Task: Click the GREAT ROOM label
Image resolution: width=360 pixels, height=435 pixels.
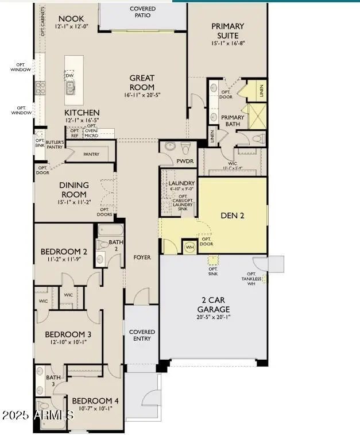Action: coord(141,83)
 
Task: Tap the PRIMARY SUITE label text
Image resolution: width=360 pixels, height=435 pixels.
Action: coord(227,30)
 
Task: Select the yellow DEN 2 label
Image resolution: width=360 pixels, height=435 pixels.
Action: coord(233,216)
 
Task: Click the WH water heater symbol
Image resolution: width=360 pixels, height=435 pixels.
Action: coord(189,248)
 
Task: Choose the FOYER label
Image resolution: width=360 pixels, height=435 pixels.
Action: coord(142,257)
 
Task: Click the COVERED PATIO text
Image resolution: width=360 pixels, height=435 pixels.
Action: coord(142,13)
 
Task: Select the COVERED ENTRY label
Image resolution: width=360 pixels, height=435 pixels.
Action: coord(142,335)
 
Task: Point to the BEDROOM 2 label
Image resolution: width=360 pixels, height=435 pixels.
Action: coord(64,252)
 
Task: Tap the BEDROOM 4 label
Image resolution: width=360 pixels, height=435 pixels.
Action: coord(92,401)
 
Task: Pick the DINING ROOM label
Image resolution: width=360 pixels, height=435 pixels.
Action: coord(74,190)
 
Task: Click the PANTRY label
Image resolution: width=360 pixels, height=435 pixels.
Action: coord(91,155)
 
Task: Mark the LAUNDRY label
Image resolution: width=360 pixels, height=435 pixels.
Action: coord(182,183)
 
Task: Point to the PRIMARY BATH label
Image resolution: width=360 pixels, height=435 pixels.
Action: coord(233,121)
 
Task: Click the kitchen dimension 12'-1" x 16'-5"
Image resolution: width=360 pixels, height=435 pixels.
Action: coord(82,120)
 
